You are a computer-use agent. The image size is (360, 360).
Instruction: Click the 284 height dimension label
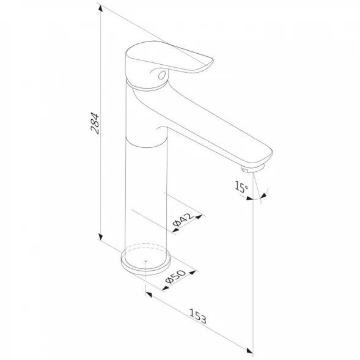95,123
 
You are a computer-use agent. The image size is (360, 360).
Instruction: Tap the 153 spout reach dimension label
198,316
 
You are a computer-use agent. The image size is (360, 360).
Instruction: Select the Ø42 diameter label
183,219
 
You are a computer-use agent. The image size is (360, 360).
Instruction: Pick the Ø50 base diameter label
175,276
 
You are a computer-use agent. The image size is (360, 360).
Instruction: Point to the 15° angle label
241,186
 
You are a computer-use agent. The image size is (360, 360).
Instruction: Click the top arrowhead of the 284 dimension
100,9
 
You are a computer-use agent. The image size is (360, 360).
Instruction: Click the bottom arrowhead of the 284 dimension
100,237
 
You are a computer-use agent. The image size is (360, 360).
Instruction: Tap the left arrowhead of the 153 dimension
149,295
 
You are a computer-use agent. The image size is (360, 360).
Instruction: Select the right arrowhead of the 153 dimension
249,350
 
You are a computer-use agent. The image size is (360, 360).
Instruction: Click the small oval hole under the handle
162,75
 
